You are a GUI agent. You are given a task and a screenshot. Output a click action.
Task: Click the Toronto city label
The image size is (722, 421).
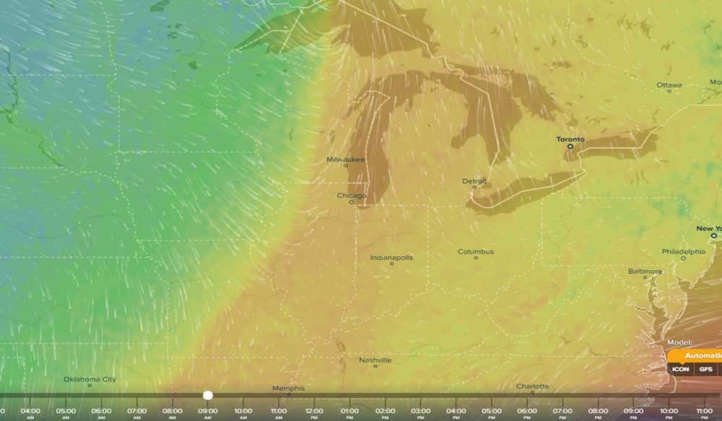[x=570, y=139]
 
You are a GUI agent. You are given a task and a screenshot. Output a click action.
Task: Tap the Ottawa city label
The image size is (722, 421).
[x=669, y=85]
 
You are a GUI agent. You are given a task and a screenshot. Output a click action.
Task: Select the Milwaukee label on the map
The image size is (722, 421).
[x=346, y=160]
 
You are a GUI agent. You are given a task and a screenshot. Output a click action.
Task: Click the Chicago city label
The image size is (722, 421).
[x=352, y=195]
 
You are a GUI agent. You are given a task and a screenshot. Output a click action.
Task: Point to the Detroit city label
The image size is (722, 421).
[x=474, y=181]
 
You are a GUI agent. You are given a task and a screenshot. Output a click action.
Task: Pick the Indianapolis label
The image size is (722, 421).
[x=391, y=258]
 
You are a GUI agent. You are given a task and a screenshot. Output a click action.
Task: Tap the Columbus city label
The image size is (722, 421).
[x=476, y=252]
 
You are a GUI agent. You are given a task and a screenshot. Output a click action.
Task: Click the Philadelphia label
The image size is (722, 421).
[x=683, y=251]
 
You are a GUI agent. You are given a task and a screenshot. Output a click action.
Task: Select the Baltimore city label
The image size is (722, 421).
[x=644, y=272]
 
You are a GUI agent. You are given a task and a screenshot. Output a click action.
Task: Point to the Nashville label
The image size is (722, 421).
[x=375, y=360]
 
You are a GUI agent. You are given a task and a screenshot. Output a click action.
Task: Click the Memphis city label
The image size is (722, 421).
[x=288, y=389]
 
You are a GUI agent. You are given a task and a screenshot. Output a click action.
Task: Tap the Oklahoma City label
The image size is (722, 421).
[x=90, y=379]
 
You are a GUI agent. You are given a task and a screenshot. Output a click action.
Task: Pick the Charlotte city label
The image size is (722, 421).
[x=532, y=386]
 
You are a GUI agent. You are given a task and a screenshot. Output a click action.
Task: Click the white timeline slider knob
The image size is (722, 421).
[x=208, y=395]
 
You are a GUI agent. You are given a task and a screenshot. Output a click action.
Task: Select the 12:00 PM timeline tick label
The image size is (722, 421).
[x=314, y=412]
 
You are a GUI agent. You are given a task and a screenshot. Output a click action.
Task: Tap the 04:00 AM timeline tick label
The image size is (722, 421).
[x=30, y=412]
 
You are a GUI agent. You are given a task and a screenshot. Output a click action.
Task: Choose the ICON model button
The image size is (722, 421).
[x=681, y=369]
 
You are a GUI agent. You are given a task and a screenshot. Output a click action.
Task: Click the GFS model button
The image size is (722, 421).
[x=705, y=369]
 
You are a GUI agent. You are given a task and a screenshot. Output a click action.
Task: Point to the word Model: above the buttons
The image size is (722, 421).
[x=680, y=342]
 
